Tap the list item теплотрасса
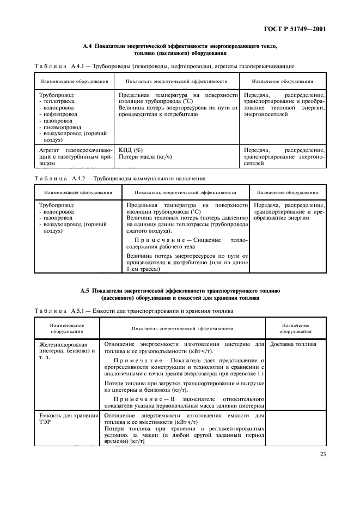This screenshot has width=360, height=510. click(59, 101)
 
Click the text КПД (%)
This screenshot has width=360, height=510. click(131, 150)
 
